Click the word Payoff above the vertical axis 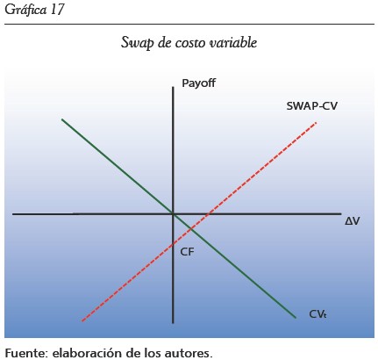[x=198, y=83]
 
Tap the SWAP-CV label [x=311, y=106]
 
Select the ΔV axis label [x=353, y=221]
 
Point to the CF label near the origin [x=187, y=252]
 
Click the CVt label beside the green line [x=317, y=314]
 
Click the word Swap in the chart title [x=137, y=43]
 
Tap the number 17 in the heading [x=57, y=10]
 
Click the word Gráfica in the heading [x=25, y=10]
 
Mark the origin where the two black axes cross [x=173, y=214]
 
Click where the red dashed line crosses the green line [x=191, y=229]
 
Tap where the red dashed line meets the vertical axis [x=173, y=243]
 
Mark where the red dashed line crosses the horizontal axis [x=209, y=214]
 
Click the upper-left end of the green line [x=61, y=119]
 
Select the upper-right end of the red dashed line [x=317, y=123]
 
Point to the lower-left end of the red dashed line [x=82, y=321]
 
